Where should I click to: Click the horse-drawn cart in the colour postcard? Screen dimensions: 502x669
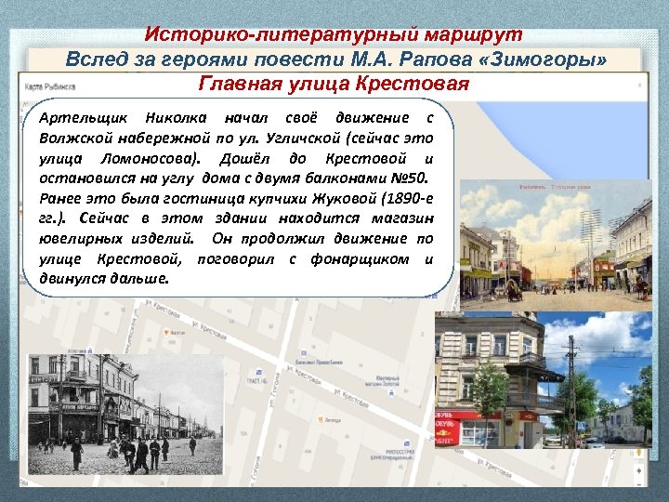(514, 290)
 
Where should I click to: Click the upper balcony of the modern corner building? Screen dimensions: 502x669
(531, 358)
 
